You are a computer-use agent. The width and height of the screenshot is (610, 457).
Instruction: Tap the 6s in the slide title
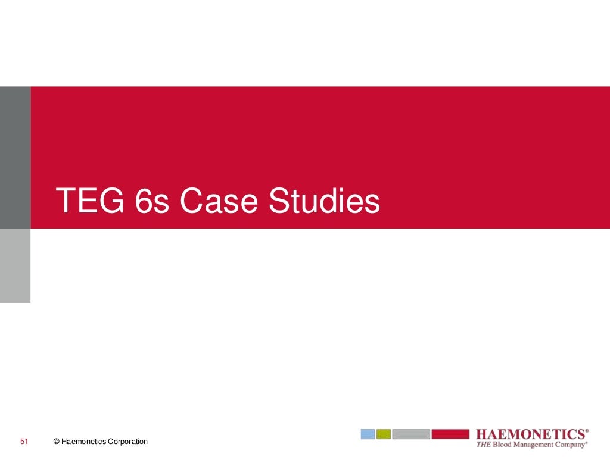click(x=152, y=201)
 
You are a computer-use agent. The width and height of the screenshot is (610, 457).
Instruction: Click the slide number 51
click(x=24, y=442)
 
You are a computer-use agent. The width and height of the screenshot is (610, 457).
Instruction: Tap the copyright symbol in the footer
click(x=56, y=442)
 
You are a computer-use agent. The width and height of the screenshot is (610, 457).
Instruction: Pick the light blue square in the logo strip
click(x=368, y=434)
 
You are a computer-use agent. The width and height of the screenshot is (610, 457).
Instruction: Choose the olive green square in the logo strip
click(x=384, y=434)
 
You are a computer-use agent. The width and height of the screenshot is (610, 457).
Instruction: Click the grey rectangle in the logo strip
click(x=411, y=434)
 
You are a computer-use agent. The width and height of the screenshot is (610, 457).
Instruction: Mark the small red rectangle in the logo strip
click(x=450, y=434)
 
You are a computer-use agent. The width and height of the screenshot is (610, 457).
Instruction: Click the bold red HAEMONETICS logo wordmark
click(x=530, y=434)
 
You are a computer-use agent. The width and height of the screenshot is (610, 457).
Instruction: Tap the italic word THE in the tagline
click(x=483, y=444)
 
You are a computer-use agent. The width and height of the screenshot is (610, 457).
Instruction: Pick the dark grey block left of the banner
click(x=15, y=157)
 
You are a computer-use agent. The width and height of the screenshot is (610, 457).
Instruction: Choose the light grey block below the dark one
click(x=15, y=265)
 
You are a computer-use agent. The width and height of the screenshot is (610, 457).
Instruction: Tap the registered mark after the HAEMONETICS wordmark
click(x=587, y=430)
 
